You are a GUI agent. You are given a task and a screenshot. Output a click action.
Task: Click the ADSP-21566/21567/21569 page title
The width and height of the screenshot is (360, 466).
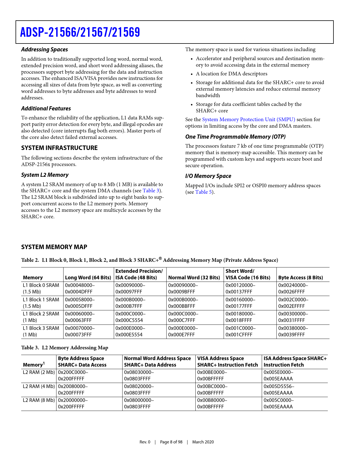80,32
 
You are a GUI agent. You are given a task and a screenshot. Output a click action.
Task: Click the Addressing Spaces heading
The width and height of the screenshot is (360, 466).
45,49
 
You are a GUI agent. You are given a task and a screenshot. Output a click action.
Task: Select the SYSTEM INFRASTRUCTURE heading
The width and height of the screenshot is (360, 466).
59,148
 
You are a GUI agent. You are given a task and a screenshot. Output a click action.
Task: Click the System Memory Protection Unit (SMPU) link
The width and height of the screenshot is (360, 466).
248,119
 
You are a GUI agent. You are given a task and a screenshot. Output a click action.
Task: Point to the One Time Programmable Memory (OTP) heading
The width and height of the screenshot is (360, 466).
235,137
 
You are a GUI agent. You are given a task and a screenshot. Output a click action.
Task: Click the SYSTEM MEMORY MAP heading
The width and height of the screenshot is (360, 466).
54,247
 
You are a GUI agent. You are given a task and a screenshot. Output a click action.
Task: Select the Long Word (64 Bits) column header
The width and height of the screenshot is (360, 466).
88,278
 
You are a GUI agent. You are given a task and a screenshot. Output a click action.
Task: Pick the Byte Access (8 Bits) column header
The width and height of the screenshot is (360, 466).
300,278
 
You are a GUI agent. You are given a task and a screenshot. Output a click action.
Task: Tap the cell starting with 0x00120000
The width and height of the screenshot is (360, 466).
240,288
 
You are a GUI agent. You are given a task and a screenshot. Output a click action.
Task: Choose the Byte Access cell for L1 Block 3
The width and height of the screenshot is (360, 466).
293,331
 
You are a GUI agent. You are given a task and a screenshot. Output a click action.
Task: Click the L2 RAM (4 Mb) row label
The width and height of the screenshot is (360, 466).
39,386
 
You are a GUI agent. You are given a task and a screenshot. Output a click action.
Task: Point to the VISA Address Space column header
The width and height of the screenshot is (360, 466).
228,362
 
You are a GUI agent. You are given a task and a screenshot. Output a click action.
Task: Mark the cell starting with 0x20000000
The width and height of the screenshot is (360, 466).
73,403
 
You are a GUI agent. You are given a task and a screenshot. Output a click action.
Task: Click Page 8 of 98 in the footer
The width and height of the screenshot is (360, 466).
171,442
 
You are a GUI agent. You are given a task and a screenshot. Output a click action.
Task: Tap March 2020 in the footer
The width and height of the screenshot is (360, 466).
203,442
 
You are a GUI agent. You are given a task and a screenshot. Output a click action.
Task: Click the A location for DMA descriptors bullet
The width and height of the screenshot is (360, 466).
232,74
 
